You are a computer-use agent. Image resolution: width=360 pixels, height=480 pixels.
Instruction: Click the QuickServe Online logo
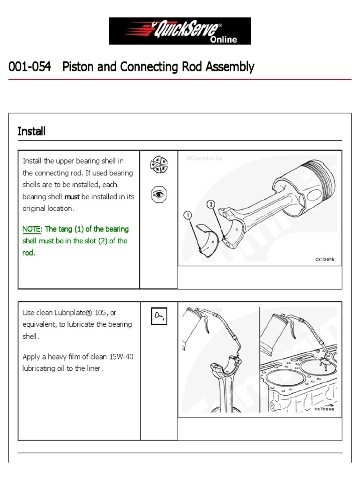(x=180, y=31)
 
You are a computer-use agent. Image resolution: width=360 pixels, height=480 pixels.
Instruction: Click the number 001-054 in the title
(x=30, y=67)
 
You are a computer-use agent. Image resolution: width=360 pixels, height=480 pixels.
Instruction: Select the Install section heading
(x=31, y=131)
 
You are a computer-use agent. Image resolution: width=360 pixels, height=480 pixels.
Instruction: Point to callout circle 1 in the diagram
(x=188, y=215)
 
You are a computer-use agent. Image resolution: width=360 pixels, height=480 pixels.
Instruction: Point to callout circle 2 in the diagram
(x=211, y=205)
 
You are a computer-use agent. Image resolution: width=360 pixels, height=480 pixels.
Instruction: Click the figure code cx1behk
(x=324, y=259)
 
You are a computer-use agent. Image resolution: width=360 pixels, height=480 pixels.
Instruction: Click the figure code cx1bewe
(x=324, y=408)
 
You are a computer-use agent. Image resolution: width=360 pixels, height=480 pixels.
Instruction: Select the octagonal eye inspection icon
(x=158, y=194)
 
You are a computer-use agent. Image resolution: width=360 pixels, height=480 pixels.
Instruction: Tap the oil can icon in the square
(x=158, y=316)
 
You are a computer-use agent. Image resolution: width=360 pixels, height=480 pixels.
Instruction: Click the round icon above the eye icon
(x=158, y=165)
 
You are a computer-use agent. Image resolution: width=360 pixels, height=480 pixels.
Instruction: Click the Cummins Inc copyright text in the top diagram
(x=204, y=158)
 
